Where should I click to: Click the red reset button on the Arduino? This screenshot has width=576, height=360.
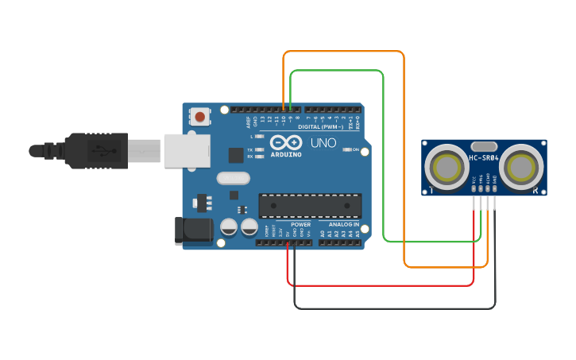199,117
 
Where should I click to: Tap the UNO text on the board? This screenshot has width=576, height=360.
323,143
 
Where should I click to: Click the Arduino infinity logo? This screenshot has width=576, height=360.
286,143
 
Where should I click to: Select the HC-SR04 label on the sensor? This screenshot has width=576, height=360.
483,158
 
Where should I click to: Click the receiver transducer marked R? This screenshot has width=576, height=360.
522,167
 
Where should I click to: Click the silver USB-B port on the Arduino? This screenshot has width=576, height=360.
187,150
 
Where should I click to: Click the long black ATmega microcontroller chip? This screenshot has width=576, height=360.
310,205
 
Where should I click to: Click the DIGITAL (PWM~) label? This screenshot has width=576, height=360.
321,126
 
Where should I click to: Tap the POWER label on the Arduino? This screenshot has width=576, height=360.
300,225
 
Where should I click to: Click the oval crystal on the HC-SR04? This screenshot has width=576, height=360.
483,146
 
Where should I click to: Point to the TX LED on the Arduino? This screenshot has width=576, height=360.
257,149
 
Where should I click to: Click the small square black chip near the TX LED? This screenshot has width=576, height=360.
236,155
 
